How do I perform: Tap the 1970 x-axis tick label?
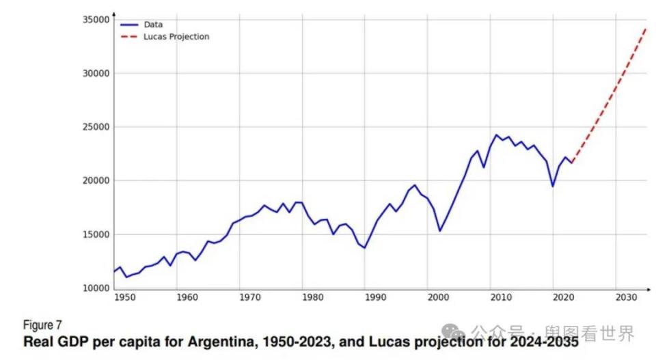[250, 298]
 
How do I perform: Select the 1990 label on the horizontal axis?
[375, 298]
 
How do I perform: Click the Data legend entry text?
[153, 25]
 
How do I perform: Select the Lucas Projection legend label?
[176, 37]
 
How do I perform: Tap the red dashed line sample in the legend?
[129, 37]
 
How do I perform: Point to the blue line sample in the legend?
[129, 25]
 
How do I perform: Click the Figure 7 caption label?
[42, 325]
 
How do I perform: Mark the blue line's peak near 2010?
[497, 135]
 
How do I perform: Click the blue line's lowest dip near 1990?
[364, 247]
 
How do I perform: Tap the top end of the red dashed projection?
[646, 29]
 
